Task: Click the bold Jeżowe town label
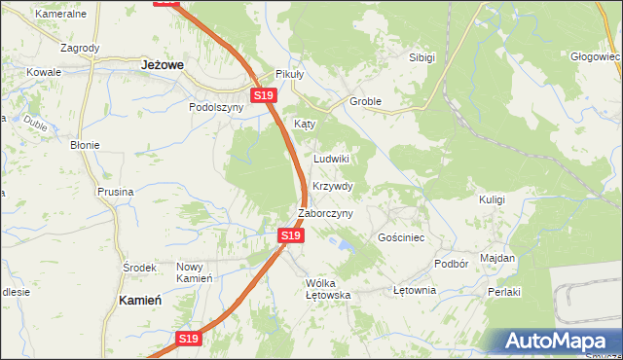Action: (164, 64)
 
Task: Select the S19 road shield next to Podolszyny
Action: (265, 95)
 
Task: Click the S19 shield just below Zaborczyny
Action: (290, 235)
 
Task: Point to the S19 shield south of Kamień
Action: (189, 339)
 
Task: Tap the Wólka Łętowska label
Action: (327, 288)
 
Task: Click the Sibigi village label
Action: (421, 57)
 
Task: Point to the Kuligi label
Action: (492, 198)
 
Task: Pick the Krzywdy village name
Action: (333, 186)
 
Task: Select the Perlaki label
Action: (505, 292)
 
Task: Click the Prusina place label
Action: (115, 192)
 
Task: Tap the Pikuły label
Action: (290, 74)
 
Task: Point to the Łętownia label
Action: (413, 291)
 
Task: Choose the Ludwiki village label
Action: (331, 158)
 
